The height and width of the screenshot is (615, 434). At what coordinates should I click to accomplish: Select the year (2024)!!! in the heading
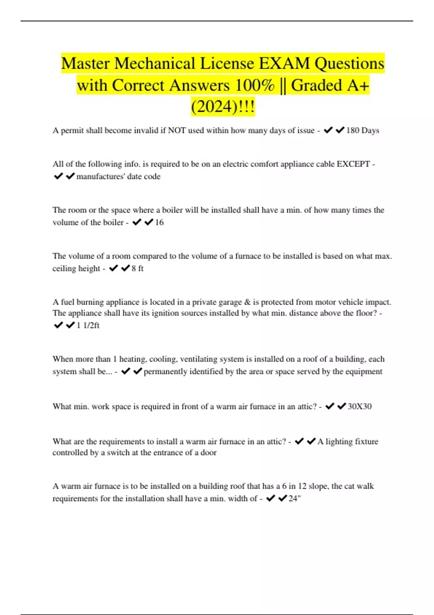[x=223, y=107]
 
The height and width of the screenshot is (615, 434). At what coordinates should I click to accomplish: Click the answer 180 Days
[x=362, y=131]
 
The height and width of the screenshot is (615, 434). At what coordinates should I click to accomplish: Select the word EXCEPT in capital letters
[x=353, y=164]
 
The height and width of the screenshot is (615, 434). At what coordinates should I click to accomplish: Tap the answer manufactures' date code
[x=118, y=177]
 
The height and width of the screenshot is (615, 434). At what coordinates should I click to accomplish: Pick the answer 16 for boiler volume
[x=159, y=222]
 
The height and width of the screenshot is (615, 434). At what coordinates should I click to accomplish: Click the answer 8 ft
[x=137, y=268]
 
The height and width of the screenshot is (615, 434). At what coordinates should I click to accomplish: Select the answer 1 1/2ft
[x=88, y=326]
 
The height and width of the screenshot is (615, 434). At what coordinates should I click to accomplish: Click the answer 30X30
[x=359, y=407]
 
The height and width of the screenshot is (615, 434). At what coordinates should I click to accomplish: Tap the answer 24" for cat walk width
[x=294, y=499]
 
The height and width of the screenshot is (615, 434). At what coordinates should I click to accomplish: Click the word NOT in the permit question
[x=177, y=131]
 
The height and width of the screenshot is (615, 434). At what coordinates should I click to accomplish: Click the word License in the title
[x=227, y=64]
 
